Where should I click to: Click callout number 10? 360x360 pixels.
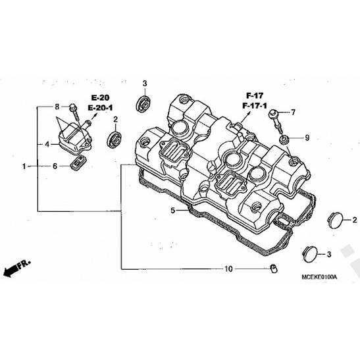click(x=228, y=269)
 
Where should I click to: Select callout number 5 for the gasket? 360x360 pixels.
click(x=173, y=211)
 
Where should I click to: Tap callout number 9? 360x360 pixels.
click(x=307, y=138)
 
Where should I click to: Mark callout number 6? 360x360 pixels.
click(x=57, y=167)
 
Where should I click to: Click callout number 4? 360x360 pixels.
click(x=47, y=143)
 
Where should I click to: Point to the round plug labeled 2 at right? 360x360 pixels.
click(x=336, y=219)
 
